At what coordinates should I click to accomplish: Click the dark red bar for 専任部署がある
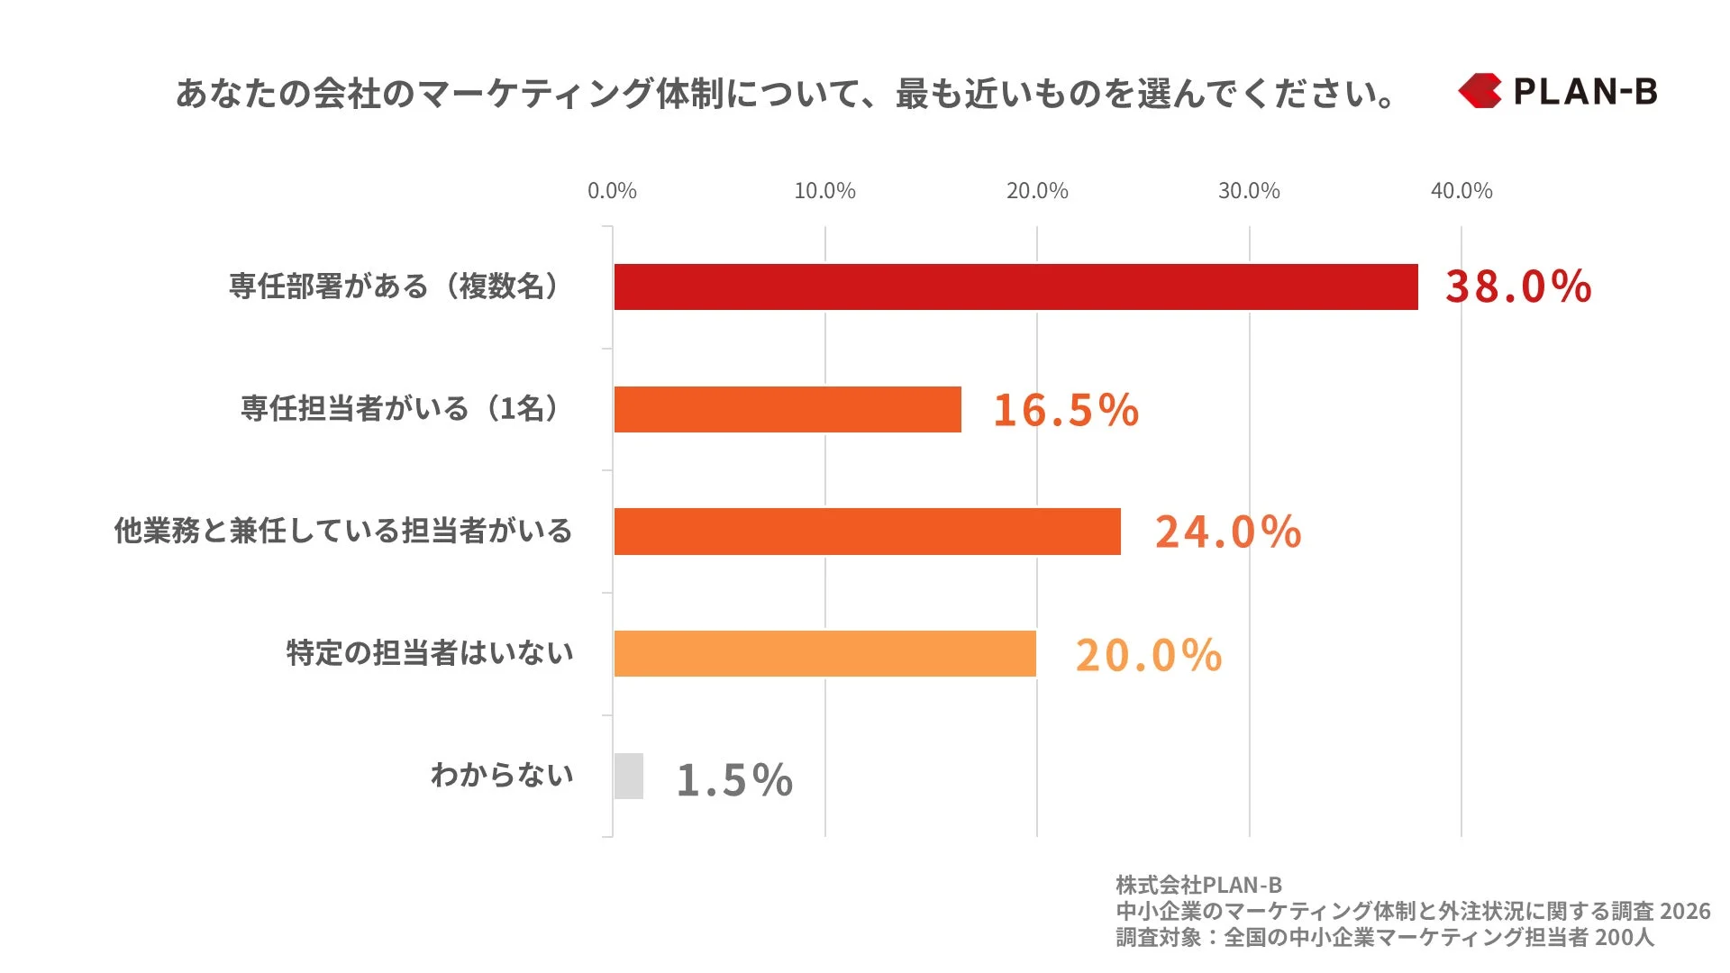click(x=1015, y=286)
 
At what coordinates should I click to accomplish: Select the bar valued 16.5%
click(x=788, y=409)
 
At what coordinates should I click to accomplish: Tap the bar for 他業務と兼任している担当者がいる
click(x=867, y=532)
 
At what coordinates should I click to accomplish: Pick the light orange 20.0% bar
click(x=824, y=653)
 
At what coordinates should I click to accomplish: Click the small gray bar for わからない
click(x=629, y=776)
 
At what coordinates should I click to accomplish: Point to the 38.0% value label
click(x=1518, y=286)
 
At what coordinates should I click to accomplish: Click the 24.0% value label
click(x=1228, y=532)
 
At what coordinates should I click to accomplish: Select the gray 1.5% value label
click(x=734, y=779)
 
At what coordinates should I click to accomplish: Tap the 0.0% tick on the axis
click(x=612, y=191)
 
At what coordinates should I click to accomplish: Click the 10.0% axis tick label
click(x=824, y=191)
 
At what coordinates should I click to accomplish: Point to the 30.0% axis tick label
click(x=1249, y=191)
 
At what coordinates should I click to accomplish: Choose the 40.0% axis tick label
click(x=1461, y=191)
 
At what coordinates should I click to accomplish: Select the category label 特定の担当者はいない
click(x=430, y=652)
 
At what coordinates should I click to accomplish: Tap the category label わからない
click(x=502, y=775)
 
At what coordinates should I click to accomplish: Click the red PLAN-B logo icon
click(x=1480, y=91)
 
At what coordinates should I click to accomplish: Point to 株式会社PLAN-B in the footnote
click(x=1198, y=885)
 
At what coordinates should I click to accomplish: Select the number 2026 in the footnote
click(x=1684, y=911)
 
